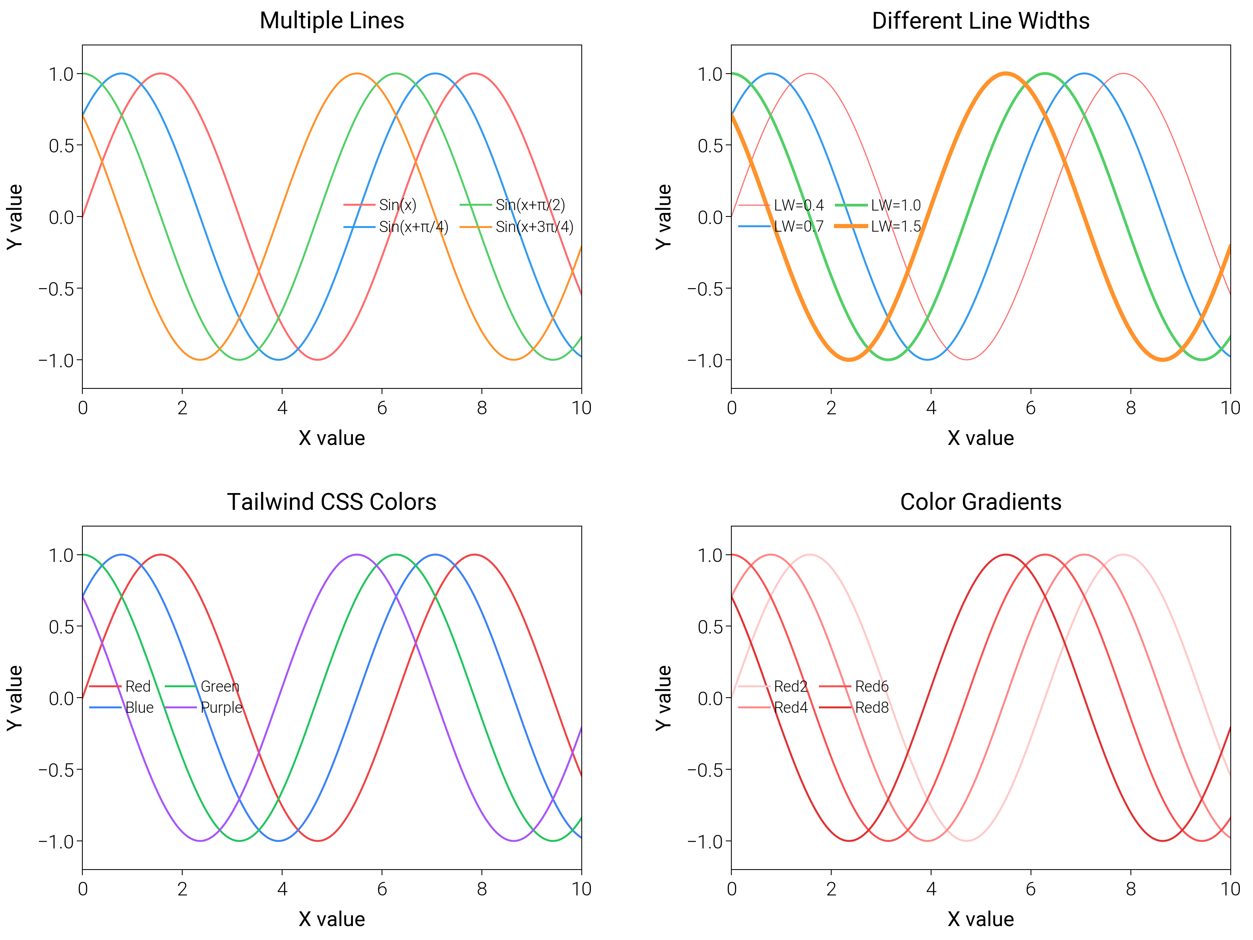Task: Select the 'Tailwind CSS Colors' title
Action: click(331, 502)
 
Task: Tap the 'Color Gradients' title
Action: click(980, 502)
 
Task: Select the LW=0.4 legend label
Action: click(798, 205)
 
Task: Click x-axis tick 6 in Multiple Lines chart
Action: click(382, 408)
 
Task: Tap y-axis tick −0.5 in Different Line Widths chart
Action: click(705, 289)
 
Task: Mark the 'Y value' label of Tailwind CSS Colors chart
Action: click(14, 698)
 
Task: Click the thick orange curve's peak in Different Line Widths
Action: click(1006, 74)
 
